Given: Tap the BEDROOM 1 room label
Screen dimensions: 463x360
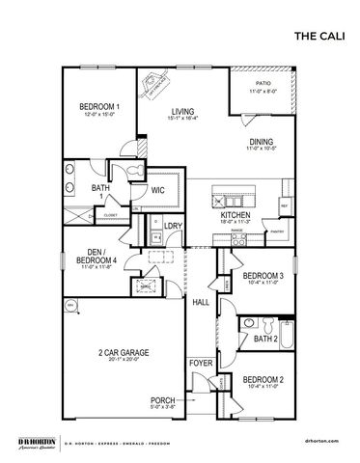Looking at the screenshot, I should (99, 106).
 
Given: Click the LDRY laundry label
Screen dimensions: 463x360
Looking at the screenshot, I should (174, 227).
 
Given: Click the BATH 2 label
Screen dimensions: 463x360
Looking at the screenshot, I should (265, 339).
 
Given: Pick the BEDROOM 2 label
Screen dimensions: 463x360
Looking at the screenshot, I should (269, 379).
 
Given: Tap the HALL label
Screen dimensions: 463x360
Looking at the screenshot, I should (201, 303).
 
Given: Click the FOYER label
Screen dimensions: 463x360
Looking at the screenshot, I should (201, 364).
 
